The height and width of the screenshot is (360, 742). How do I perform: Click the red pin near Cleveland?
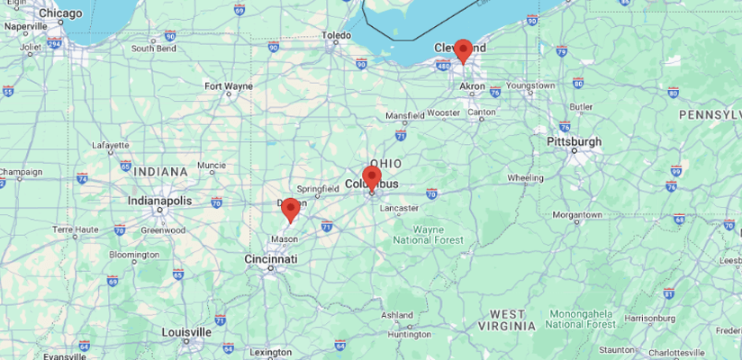463,50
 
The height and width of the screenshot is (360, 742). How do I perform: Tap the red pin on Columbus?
371,176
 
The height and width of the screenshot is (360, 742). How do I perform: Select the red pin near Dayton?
290,210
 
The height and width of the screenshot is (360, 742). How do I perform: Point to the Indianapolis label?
159,201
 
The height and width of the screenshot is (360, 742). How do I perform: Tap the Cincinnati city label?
270,259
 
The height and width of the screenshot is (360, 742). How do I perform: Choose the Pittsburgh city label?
574,141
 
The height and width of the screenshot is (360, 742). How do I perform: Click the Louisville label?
186,332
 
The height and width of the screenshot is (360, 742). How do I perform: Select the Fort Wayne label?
229,86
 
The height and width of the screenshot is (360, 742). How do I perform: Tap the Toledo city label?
337,36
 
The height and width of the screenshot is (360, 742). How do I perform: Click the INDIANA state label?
157,171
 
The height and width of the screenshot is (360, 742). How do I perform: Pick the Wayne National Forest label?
428,235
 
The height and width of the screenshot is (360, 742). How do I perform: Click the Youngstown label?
530,85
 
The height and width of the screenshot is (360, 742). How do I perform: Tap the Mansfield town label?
404,116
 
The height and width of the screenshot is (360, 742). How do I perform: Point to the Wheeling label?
525,177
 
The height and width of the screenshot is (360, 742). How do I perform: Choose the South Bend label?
153,49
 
